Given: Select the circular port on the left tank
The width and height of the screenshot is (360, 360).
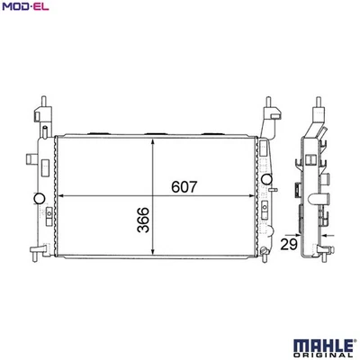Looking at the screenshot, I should point(37,199).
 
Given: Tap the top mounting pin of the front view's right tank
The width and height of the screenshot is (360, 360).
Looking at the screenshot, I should point(269,101).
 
